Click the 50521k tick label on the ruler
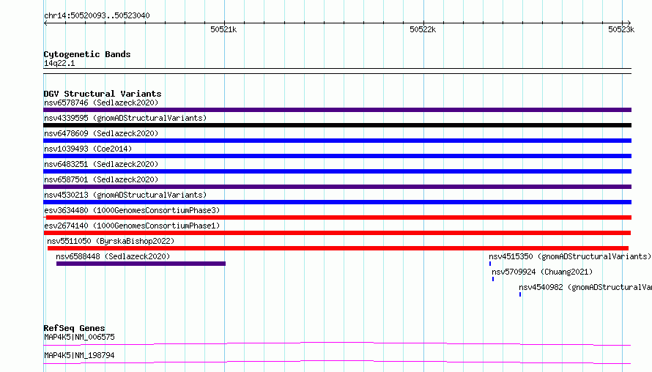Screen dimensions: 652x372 [223, 29]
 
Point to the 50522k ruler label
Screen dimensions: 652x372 [423, 29]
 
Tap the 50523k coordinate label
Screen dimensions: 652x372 [621, 29]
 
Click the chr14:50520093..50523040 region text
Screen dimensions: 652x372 [97, 16]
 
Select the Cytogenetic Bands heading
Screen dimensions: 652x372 [87, 54]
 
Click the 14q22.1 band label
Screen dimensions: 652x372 [59, 63]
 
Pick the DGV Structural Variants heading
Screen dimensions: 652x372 [103, 94]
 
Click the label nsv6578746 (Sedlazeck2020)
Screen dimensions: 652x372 [101, 103]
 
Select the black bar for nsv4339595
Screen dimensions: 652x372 [337, 125]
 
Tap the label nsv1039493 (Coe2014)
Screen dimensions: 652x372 [88, 149]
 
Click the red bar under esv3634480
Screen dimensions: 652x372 [338, 217]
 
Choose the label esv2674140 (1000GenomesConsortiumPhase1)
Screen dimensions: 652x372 [132, 226]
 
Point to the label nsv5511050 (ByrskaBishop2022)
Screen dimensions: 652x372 [111, 241]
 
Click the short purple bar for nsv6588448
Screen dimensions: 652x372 [141, 264]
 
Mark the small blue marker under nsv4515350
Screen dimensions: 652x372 [490, 264]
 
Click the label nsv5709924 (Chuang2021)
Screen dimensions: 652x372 [542, 272]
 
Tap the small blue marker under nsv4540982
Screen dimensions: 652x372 [520, 294]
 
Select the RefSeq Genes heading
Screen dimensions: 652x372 [74, 328]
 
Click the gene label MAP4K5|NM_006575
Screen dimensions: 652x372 [79, 337]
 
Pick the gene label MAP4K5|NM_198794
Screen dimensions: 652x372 [79, 355]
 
